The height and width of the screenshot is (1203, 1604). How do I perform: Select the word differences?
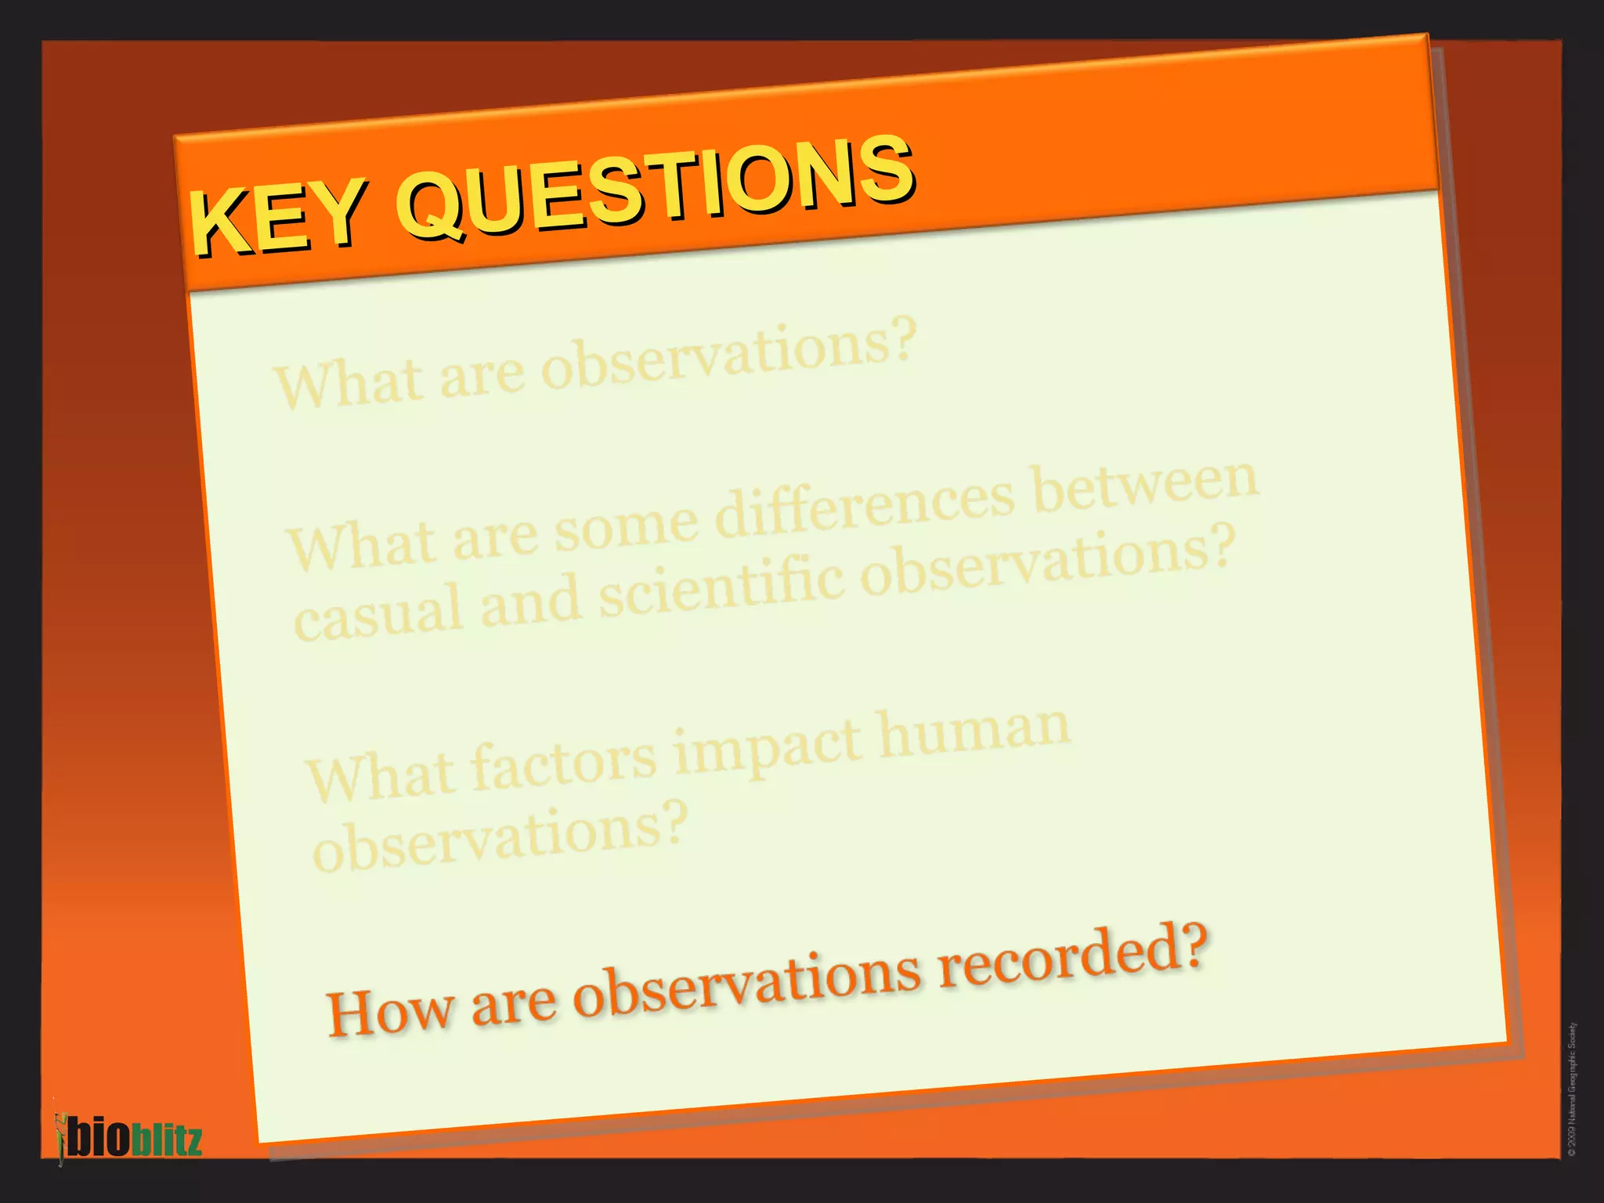click(865, 505)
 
